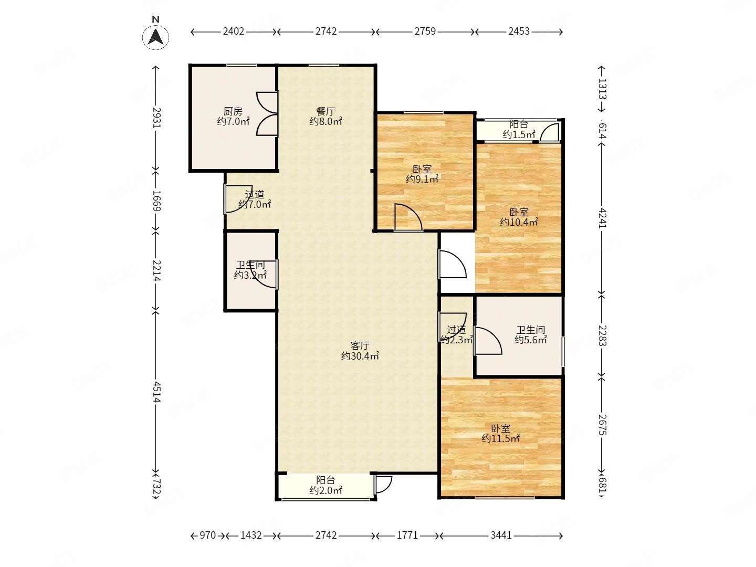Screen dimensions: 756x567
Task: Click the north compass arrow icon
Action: tap(156, 37)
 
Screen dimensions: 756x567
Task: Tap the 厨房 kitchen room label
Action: tap(233, 111)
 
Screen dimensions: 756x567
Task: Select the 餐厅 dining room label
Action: tap(325, 111)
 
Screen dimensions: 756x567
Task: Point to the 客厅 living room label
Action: tap(360, 345)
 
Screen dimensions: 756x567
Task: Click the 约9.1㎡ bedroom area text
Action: tap(422, 179)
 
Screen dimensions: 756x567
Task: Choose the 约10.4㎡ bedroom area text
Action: tap(519, 222)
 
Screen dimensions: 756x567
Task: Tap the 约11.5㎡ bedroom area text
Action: tap(500, 438)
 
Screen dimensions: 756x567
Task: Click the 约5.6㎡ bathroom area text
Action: tap(531, 340)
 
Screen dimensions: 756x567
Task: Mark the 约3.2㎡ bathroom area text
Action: tap(250, 275)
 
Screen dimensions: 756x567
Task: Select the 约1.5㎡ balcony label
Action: tap(519, 134)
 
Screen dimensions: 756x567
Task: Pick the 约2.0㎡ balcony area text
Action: tap(325, 490)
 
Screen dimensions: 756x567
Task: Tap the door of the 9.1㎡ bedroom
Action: tap(408, 217)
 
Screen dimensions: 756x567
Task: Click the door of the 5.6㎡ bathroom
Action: tap(488, 341)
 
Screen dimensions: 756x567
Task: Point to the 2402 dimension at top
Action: tap(234, 31)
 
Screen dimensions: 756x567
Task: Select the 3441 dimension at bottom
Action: tap(501, 535)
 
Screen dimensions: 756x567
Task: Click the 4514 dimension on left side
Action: tap(156, 392)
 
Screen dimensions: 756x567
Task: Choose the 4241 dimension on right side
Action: tap(602, 218)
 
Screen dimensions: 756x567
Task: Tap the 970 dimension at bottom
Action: tap(208, 535)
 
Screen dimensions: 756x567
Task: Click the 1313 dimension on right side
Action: tap(602, 89)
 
